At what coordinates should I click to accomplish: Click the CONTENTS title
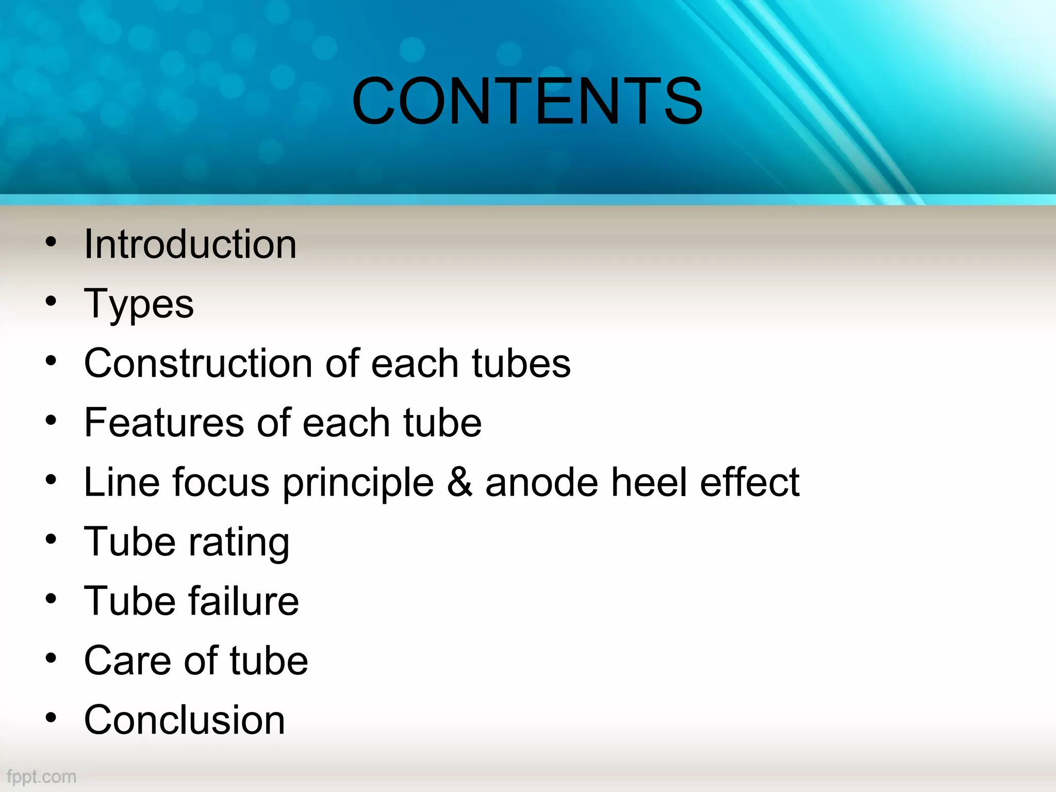click(x=527, y=101)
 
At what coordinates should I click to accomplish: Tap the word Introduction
click(x=190, y=244)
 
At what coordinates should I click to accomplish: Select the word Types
click(x=139, y=304)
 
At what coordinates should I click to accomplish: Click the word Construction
click(x=199, y=364)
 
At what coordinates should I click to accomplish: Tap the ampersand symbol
click(x=459, y=482)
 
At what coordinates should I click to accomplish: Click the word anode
click(x=541, y=482)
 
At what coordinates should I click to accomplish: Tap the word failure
click(x=243, y=601)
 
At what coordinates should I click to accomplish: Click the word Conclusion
click(x=184, y=720)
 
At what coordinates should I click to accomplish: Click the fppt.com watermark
click(x=41, y=777)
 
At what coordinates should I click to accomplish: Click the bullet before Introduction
click(x=51, y=242)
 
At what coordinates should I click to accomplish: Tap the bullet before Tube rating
click(x=51, y=539)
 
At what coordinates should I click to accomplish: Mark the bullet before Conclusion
click(x=51, y=718)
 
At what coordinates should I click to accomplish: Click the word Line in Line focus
click(x=122, y=482)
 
